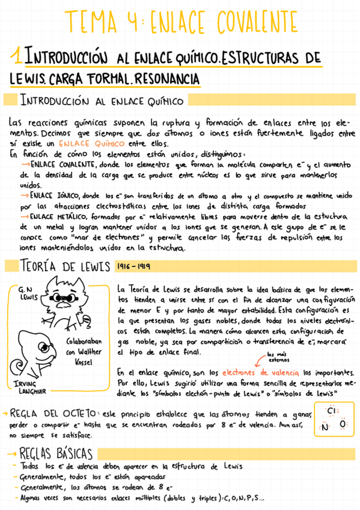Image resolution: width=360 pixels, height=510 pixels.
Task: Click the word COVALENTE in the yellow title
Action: [253, 23]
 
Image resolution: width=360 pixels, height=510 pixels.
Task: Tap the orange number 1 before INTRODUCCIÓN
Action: [20, 59]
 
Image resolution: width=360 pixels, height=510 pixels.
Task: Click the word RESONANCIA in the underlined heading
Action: [166, 79]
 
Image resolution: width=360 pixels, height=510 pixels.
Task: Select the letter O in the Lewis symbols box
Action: [343, 425]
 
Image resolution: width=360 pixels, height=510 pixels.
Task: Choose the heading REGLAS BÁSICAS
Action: [55, 453]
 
